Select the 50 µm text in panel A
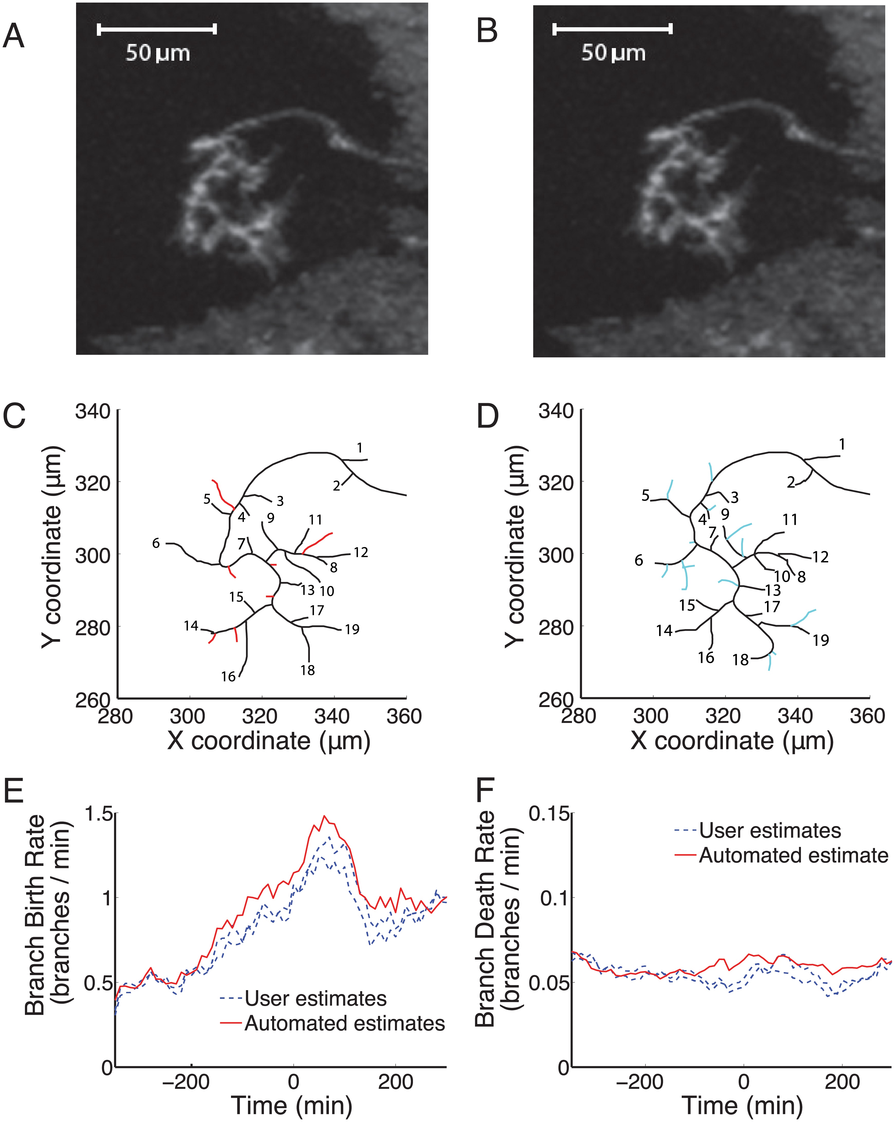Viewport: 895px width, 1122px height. (x=158, y=53)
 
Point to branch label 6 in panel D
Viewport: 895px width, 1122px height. (x=639, y=560)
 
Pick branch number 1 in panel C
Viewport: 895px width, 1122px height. (x=359, y=448)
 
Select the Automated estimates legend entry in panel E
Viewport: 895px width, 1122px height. (x=344, y=1023)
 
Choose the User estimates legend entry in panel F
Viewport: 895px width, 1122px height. (x=770, y=830)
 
